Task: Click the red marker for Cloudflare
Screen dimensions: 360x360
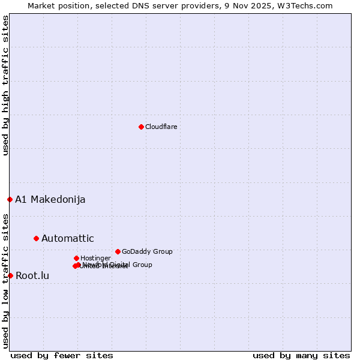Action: coord(141,127)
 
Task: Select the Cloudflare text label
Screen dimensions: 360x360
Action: coord(161,127)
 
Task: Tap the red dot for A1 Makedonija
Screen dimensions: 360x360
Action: coord(10,199)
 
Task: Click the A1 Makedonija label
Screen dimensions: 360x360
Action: coord(50,199)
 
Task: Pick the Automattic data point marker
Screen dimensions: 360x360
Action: coord(36,238)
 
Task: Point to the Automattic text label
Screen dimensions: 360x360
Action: coord(67,238)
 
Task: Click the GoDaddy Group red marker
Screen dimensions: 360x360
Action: coord(118,251)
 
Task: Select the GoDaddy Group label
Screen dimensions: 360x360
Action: coord(147,251)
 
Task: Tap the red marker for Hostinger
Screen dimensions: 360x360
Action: coord(76,258)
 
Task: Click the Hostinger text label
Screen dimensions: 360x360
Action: coord(95,258)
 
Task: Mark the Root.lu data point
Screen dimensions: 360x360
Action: coord(10,275)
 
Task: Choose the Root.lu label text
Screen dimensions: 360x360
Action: coord(32,275)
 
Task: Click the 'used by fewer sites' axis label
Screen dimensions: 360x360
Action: coord(62,355)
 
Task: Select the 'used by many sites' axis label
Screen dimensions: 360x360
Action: coord(301,355)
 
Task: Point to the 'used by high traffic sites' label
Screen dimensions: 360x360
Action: coord(5,85)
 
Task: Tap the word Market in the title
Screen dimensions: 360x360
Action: coord(41,5)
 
